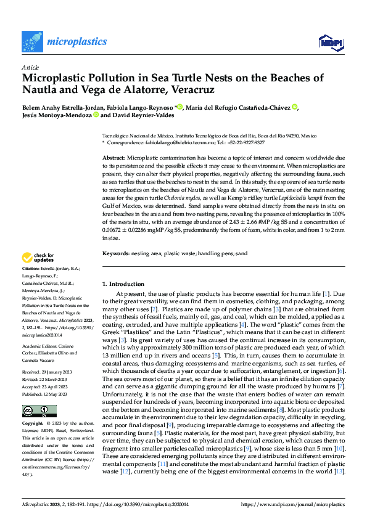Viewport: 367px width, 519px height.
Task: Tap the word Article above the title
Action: (x=30, y=68)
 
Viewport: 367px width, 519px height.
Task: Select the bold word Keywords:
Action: (x=116, y=254)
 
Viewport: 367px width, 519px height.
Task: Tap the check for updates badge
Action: (x=38, y=258)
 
